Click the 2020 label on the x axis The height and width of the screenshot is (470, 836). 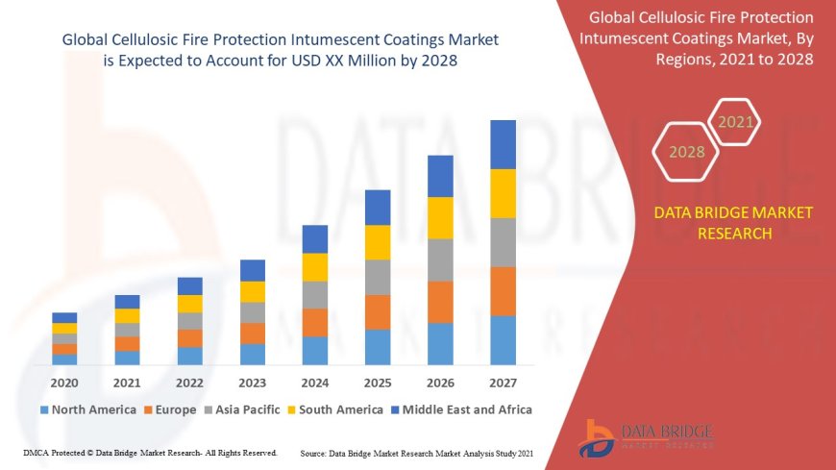(64, 382)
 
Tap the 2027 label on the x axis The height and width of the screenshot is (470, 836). (503, 382)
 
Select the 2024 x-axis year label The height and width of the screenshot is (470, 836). (315, 382)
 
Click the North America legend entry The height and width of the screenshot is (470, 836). (87, 409)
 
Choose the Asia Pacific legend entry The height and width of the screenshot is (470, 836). (243, 409)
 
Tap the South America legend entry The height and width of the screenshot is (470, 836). (336, 409)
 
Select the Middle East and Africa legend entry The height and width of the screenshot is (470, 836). (460, 409)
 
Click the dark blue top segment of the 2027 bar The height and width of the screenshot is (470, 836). (503, 144)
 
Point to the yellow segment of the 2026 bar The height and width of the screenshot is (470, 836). (440, 217)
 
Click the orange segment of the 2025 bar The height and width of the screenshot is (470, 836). (378, 311)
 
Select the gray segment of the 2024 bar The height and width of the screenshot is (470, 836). (315, 294)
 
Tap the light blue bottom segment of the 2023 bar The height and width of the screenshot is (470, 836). (253, 354)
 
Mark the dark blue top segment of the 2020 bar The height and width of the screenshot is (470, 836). (64, 317)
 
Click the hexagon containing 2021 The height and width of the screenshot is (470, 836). (736, 122)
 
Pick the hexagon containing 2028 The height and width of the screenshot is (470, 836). (686, 152)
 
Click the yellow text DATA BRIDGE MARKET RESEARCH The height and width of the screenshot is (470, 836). (733, 223)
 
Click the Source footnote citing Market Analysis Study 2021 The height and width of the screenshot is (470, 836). (417, 453)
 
